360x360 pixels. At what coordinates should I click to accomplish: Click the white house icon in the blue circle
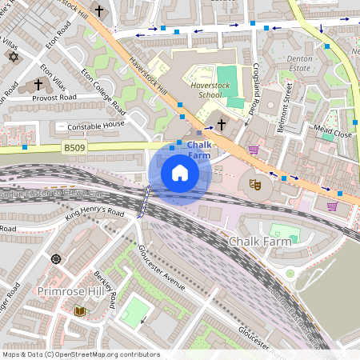(x=180, y=173)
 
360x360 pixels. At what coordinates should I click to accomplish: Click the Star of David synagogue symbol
(x=12, y=56)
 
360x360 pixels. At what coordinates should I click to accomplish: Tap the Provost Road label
(x=54, y=98)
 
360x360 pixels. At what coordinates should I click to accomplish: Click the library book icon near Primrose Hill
(x=79, y=310)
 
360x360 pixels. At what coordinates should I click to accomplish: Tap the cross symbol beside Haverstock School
(x=222, y=124)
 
